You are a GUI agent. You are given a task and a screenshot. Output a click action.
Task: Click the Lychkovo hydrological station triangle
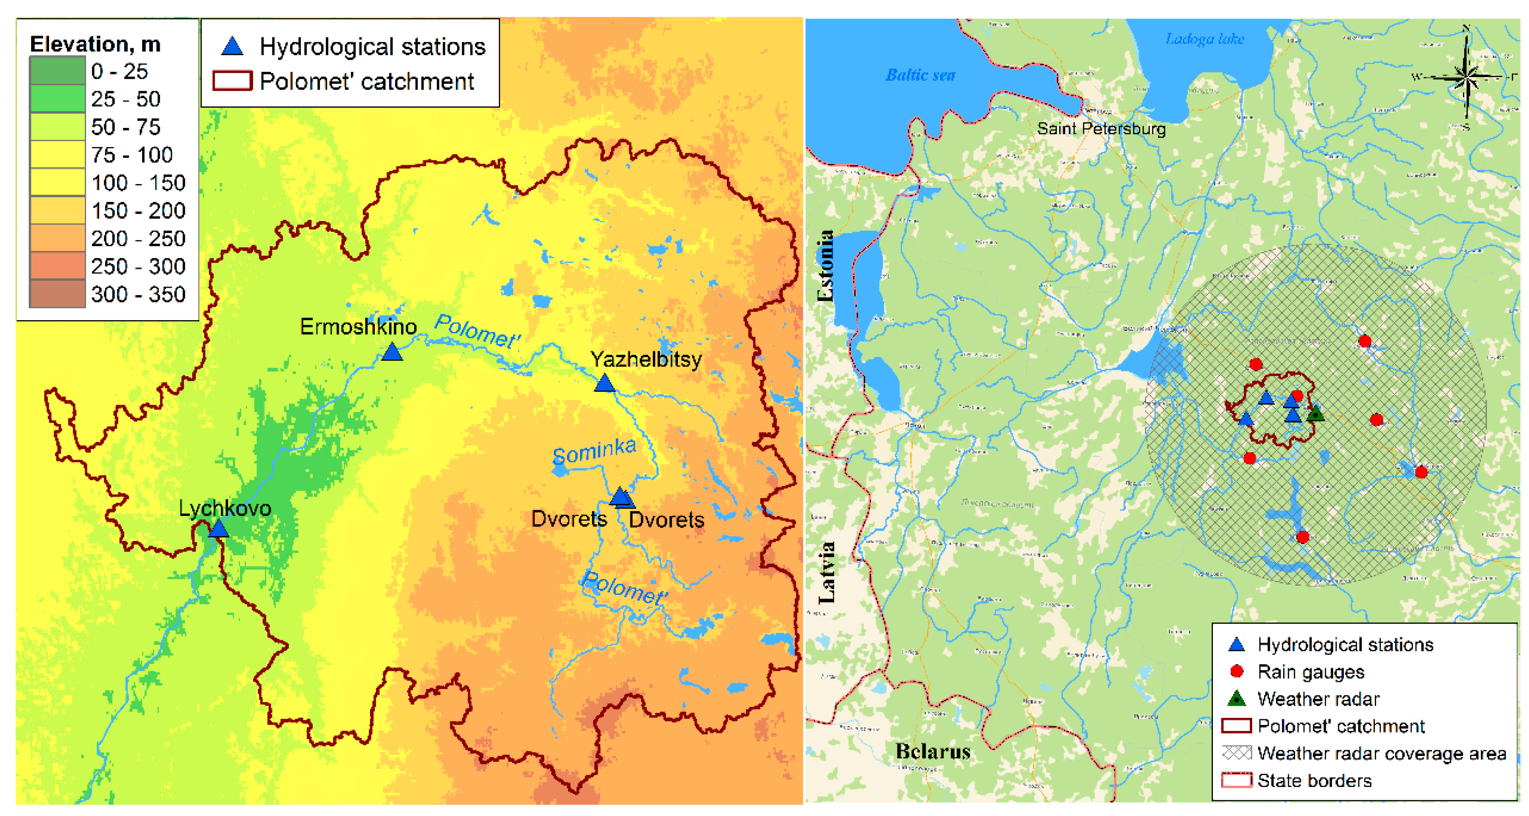click(x=218, y=529)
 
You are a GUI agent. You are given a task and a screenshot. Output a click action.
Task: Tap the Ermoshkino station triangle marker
click(x=392, y=352)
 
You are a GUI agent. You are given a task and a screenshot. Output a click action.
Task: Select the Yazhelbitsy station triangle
click(x=604, y=383)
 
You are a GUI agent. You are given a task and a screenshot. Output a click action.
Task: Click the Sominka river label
click(x=594, y=451)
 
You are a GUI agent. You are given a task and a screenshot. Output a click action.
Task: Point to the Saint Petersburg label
click(x=1101, y=128)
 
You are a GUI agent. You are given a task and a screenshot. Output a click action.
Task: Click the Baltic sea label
click(x=920, y=75)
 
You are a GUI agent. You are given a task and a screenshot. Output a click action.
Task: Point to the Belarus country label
click(x=933, y=751)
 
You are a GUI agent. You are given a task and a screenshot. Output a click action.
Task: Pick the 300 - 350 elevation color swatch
click(x=57, y=294)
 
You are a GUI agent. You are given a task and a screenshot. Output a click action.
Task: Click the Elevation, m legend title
click(x=95, y=44)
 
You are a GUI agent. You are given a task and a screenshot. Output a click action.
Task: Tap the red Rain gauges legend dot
click(x=1237, y=671)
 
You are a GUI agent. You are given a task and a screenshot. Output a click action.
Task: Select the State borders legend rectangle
click(x=1237, y=780)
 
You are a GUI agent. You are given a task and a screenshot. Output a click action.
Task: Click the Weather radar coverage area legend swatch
click(x=1237, y=752)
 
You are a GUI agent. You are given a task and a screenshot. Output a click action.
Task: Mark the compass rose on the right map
click(x=1466, y=77)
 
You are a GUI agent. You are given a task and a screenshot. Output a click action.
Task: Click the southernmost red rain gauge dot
click(x=1302, y=537)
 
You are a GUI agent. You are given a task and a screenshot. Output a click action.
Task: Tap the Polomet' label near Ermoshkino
click(x=477, y=331)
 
